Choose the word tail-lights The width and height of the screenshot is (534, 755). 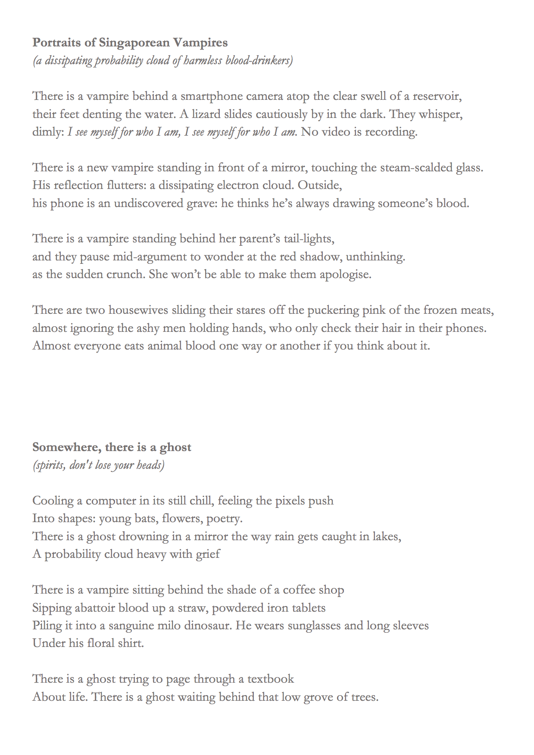pyautogui.click(x=309, y=239)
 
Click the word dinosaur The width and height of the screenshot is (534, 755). pyautogui.click(x=207, y=625)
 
